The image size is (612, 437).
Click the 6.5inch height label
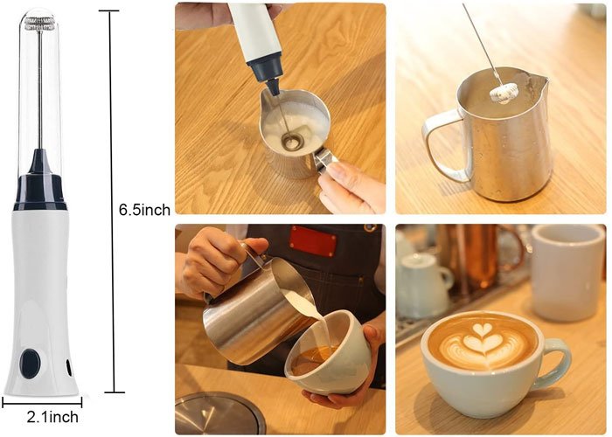pos(144,210)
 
